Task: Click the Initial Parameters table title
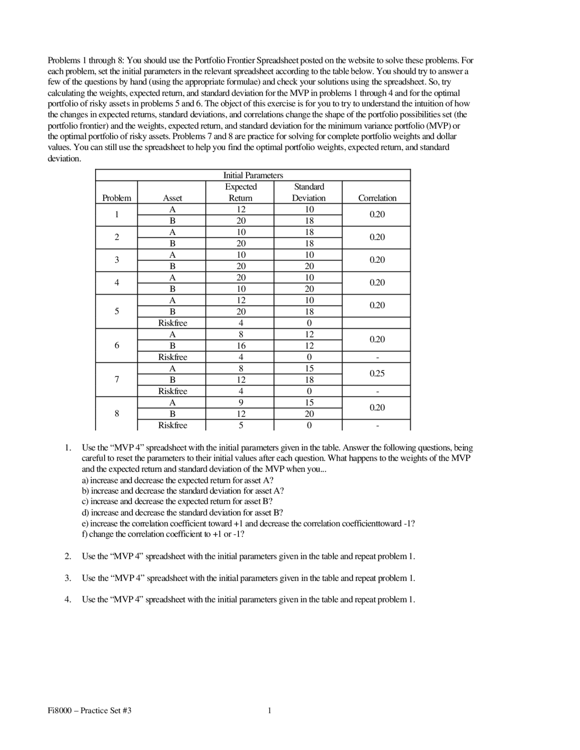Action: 253,175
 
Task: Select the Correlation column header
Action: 377,198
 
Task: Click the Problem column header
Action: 116,198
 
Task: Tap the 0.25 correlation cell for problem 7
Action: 377,374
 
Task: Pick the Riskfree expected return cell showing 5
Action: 241,425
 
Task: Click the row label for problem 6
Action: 116,346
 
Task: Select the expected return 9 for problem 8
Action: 241,403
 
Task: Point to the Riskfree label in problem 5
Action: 172,323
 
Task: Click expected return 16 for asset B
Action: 241,346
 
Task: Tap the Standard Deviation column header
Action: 309,192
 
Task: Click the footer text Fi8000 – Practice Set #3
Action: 90,711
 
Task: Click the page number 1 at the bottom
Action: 270,711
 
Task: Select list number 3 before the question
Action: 68,578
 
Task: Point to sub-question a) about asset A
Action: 86,480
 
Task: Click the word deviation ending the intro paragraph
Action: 64,159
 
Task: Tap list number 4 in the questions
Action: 68,600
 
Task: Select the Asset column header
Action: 172,198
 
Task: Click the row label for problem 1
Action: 116,215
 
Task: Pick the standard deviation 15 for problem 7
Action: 309,368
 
